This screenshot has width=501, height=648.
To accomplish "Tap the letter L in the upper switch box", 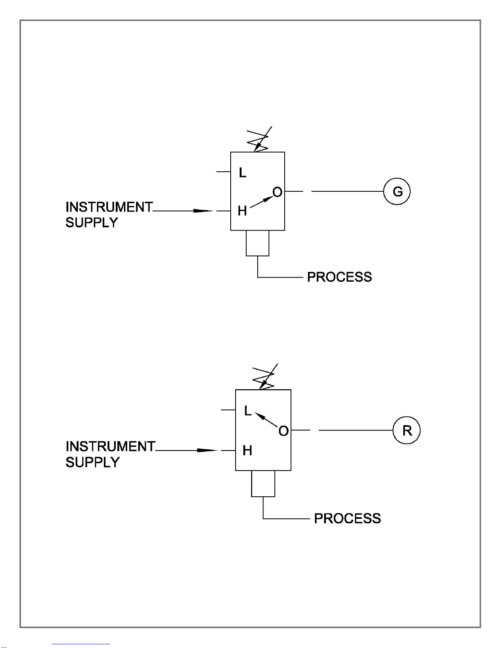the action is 243,173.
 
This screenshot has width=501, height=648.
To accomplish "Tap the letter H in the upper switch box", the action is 242,211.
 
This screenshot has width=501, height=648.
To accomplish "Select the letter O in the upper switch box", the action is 277,192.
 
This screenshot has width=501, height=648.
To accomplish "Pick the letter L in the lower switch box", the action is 248,410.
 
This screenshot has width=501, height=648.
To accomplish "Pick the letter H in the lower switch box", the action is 247,450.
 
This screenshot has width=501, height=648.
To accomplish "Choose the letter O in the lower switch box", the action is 283,431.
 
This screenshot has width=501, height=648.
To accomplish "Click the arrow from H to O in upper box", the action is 261,202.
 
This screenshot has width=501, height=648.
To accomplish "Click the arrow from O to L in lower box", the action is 267,420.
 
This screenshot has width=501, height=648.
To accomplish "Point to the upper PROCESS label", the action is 339,277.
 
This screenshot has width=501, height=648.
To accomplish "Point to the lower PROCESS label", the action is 347,518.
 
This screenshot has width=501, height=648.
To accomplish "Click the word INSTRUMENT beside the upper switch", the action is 109,207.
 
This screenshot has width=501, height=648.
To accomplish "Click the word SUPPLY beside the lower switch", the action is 92,462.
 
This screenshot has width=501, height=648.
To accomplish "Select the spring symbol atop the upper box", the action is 258,139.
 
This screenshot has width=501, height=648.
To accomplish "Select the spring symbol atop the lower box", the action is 264,377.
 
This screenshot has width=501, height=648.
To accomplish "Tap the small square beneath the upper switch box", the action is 257,243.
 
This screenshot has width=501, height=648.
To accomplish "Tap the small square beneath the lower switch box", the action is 263,483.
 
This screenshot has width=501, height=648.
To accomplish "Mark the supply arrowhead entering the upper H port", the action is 203,211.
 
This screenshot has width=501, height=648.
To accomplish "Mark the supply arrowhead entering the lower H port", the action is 207,450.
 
